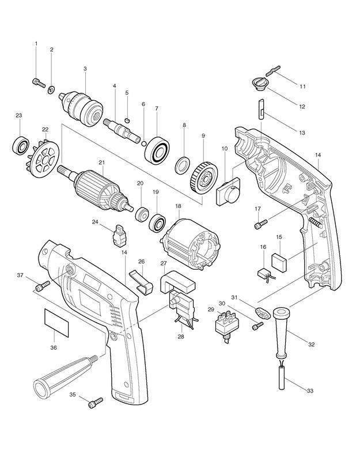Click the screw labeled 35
tap(94, 403)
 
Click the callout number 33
tap(309, 391)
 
